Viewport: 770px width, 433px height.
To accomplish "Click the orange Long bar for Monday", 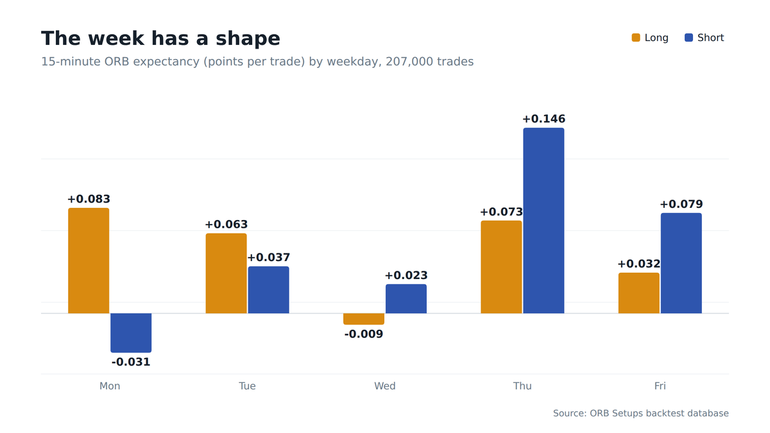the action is tap(89, 260).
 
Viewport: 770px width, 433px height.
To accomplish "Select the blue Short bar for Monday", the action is tap(131, 333).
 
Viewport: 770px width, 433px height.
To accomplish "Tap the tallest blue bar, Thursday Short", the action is tap(544, 221).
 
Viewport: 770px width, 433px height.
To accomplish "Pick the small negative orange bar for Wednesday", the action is tap(364, 319).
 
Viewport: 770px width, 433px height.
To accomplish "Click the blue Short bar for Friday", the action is tap(681, 263).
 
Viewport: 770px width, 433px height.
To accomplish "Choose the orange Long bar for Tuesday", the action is tap(226, 273).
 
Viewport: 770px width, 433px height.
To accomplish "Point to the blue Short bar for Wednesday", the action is tap(406, 299).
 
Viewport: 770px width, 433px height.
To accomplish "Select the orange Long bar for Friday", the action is tap(639, 293).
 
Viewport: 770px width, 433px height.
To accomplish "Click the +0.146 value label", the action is tap(544, 119).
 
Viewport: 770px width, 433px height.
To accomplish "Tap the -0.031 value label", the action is tap(131, 362).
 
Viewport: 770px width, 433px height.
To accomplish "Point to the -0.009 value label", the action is tap(364, 334).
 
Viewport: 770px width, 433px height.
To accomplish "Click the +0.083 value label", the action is tap(89, 199).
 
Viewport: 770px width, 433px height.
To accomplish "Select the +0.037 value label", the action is tap(269, 257).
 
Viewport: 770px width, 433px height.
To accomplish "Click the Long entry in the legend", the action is tap(649, 38).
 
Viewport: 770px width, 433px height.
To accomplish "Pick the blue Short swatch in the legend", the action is tap(689, 38).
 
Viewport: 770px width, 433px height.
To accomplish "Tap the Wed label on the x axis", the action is tap(384, 386).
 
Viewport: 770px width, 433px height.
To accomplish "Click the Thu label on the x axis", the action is tap(522, 386).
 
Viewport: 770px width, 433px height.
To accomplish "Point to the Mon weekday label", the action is tap(110, 386).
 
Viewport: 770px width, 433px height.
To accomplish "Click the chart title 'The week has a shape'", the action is tap(160, 38).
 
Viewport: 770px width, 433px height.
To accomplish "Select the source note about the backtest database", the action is tap(641, 413).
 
